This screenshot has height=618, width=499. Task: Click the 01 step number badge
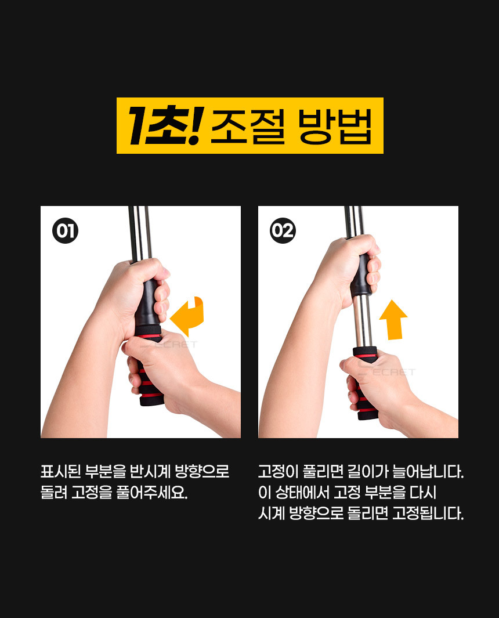pos(66,230)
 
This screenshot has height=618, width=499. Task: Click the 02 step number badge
pos(283,230)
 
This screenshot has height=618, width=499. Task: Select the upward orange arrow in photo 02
pos(393,320)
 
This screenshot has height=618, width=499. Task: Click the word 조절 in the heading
pos(248,126)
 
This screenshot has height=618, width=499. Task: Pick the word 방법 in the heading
pos(335,126)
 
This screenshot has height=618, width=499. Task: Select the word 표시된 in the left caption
pos(61,471)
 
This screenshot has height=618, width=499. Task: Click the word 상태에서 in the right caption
pos(302,492)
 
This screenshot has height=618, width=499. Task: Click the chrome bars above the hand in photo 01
pos(140,234)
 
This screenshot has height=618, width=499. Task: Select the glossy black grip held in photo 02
pos(361,275)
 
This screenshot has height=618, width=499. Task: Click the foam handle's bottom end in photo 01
pos(152,402)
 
